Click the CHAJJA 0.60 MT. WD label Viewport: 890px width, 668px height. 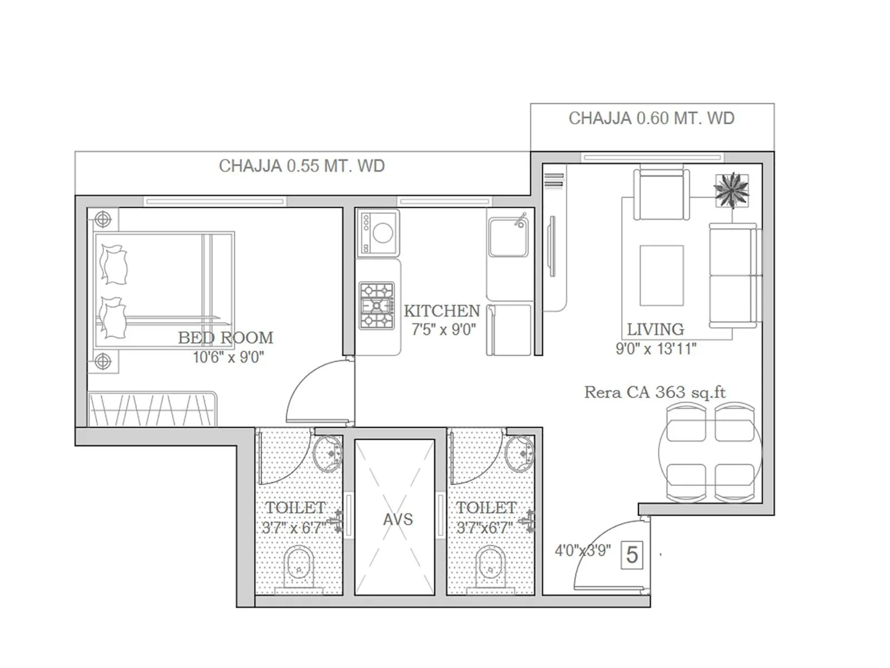tap(651, 119)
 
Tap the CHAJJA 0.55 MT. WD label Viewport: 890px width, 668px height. tap(301, 166)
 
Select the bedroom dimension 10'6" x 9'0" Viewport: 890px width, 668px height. tap(228, 357)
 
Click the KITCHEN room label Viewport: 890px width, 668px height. tap(442, 311)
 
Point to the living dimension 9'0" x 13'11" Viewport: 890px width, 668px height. tap(656, 349)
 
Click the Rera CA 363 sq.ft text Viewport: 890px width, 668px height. tap(655, 392)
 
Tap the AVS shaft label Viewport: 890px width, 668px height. tap(398, 519)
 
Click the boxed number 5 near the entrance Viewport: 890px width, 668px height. tap(632, 555)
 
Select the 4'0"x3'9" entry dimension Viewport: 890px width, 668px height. tap(582, 551)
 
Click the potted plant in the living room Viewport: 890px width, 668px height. tap(731, 190)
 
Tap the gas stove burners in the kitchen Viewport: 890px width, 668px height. tap(377, 306)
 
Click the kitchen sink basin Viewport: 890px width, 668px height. tap(508, 237)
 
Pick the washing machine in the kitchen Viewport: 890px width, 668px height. tap(378, 233)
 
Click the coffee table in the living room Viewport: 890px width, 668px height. tap(661, 276)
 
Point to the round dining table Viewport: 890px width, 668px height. tap(710, 452)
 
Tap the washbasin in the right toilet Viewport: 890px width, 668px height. tap(521, 453)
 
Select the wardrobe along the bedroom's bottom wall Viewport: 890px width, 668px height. tap(152, 409)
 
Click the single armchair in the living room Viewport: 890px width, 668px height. tap(661, 195)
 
